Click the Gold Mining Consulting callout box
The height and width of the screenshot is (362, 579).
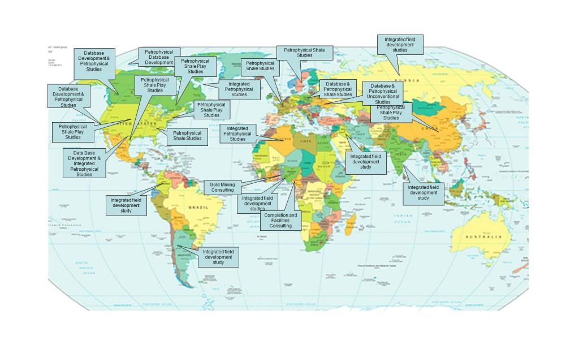222,187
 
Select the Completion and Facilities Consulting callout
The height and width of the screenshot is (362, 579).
280,221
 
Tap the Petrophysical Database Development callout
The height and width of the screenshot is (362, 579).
159,57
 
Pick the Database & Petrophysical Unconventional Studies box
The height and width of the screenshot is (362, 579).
383,93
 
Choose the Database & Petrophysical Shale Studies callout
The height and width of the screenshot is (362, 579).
338,89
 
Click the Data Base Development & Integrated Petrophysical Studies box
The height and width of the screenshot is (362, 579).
84,163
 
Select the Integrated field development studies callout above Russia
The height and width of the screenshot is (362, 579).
400,45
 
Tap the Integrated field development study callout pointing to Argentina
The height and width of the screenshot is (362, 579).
218,257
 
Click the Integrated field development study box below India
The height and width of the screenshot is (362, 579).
424,193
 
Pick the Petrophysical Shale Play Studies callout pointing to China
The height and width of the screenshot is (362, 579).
391,113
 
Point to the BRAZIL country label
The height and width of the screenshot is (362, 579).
202,208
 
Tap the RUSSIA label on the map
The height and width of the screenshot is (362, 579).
411,80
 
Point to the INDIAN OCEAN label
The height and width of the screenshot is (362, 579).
403,218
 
